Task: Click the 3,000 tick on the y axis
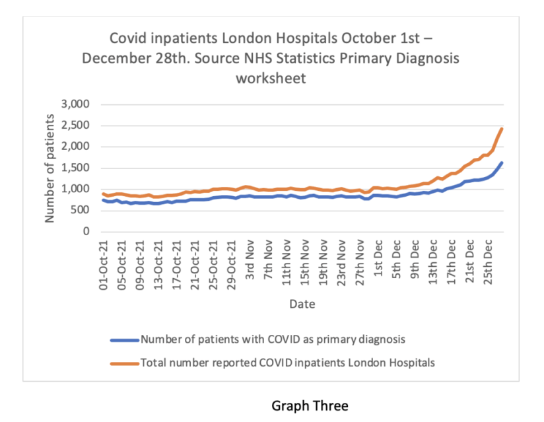(x=75, y=104)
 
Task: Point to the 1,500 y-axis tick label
(x=75, y=168)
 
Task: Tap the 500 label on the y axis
(x=81, y=211)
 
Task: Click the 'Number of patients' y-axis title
(x=50, y=168)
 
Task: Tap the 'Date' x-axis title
(x=301, y=304)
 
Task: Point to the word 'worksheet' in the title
(x=271, y=78)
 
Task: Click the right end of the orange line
(x=502, y=129)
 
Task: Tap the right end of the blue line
(x=502, y=162)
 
